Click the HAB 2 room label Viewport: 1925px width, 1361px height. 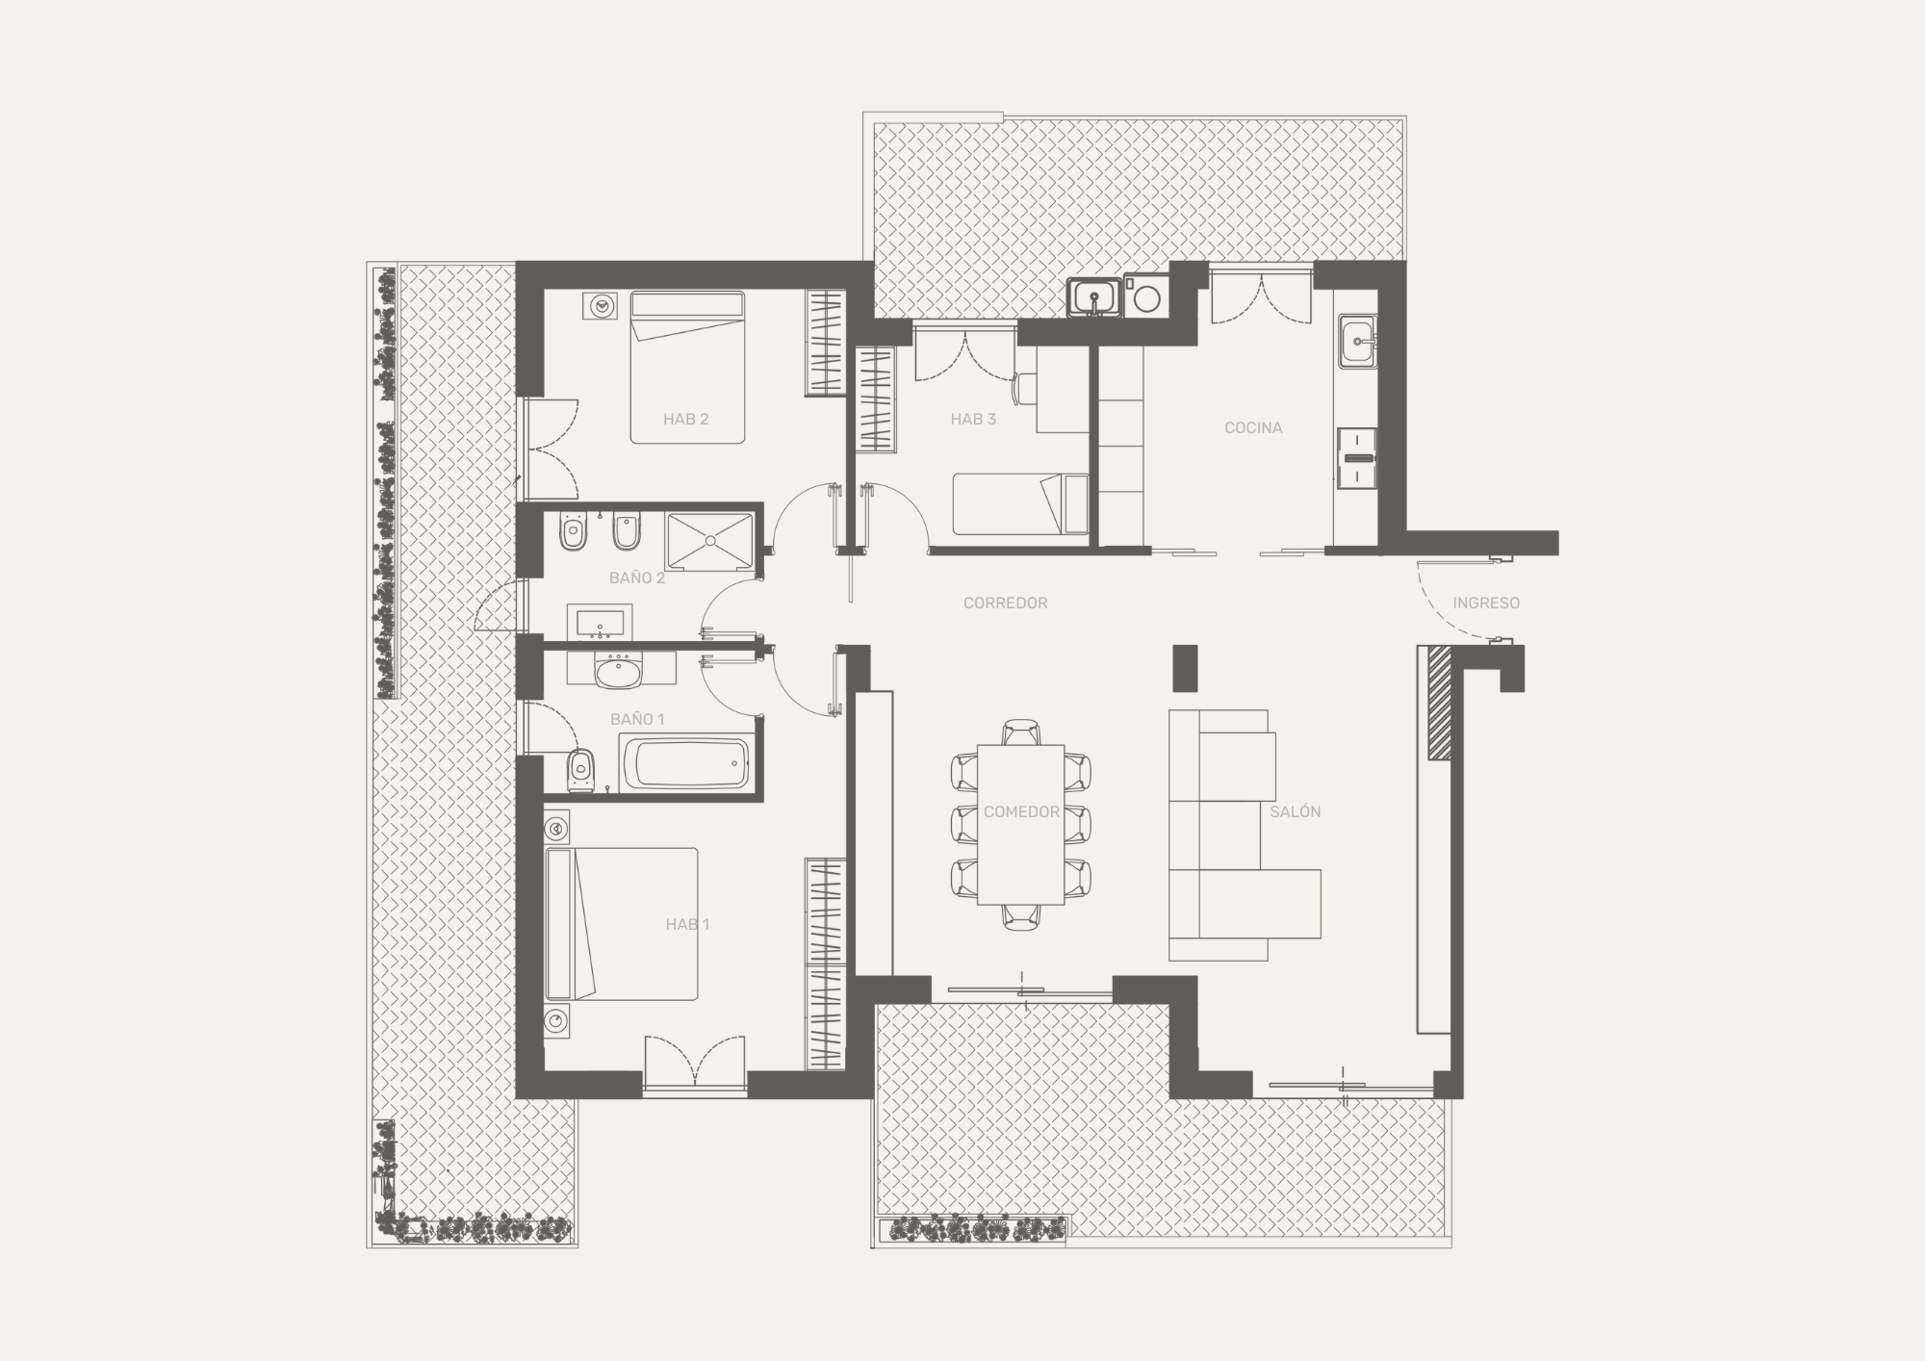[685, 419]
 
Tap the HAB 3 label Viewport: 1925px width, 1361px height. [973, 419]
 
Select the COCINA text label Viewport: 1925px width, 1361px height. [1253, 427]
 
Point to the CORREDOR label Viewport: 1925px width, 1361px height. [1005, 603]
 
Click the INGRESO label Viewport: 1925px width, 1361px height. [1486, 603]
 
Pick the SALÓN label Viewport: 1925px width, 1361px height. [1295, 811]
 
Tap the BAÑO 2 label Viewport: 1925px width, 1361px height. [637, 578]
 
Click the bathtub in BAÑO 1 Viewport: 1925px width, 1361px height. [686, 763]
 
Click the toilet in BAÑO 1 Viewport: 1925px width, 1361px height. [579, 769]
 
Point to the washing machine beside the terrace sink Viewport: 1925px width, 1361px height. [1146, 297]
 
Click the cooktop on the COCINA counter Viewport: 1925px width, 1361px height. [1357, 458]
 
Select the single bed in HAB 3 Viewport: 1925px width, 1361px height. [1020, 503]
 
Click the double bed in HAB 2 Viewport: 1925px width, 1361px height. [687, 368]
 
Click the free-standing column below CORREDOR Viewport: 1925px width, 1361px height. [1185, 667]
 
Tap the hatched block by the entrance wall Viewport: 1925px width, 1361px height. [1439, 704]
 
